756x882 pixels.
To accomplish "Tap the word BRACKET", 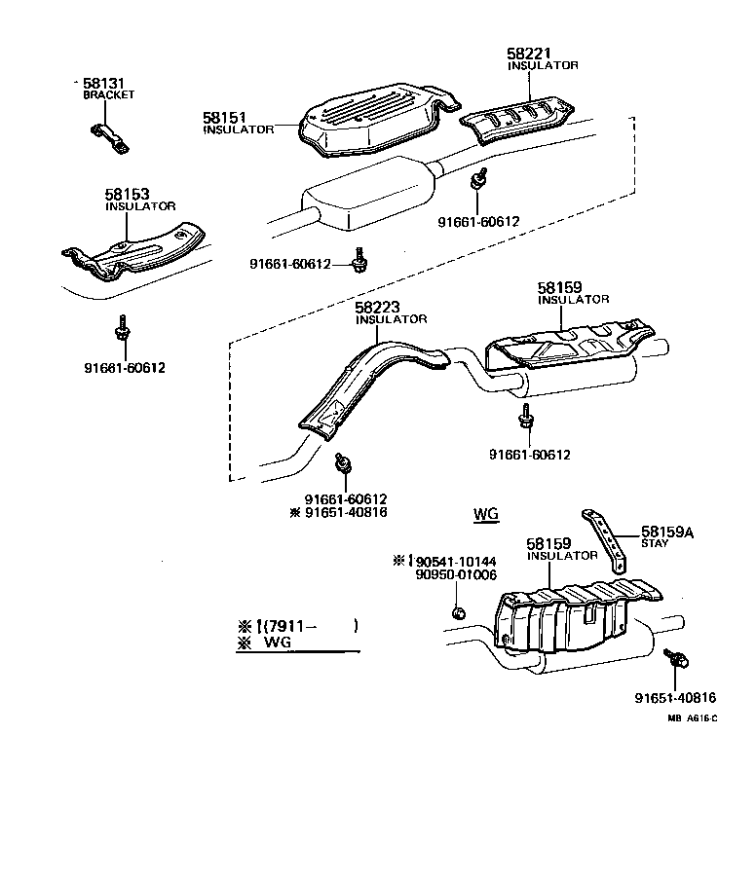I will point(108,95).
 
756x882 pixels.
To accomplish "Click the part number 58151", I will point(223,117).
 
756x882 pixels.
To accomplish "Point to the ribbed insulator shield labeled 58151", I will point(370,117).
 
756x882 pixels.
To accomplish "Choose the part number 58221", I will point(527,54).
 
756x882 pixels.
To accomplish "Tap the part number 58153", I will point(125,195).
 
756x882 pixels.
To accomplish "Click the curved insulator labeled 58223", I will point(365,380).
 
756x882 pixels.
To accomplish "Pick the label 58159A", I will point(667,532).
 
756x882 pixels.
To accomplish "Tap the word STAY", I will point(655,543).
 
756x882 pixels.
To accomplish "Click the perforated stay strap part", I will point(606,539).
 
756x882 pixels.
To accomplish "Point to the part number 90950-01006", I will point(456,574).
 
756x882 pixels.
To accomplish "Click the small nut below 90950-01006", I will point(457,612).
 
